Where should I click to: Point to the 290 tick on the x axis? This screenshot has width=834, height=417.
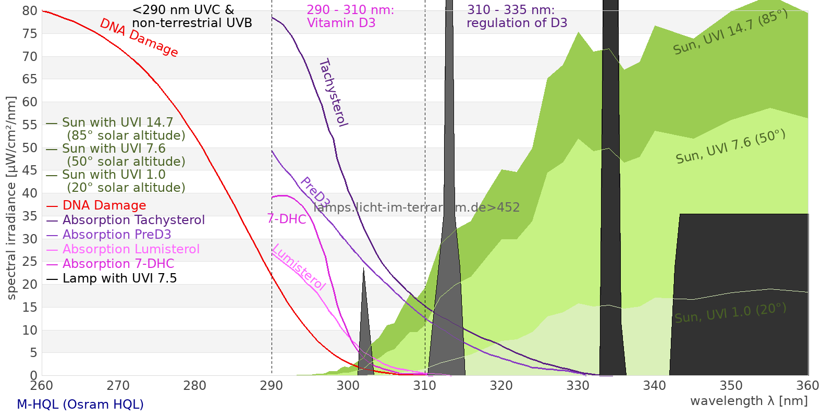272,386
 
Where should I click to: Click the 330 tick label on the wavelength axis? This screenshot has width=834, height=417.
578,386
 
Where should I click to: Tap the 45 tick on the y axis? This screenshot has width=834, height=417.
30,170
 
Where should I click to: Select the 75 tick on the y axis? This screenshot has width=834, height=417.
30,34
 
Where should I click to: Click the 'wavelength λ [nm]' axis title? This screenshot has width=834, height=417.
749,401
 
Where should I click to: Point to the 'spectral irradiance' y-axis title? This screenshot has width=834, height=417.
11,198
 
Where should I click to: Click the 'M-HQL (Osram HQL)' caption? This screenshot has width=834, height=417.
80,404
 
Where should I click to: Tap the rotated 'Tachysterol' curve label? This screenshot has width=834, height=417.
333,93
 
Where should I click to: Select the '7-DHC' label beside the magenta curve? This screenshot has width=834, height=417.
287,219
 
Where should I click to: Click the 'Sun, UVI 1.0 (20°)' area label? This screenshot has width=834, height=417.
730,313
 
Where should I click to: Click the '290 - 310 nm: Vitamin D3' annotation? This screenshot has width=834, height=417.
350,17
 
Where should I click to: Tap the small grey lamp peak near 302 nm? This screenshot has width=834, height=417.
364,334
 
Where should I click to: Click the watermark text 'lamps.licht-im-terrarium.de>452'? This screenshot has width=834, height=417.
416,207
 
